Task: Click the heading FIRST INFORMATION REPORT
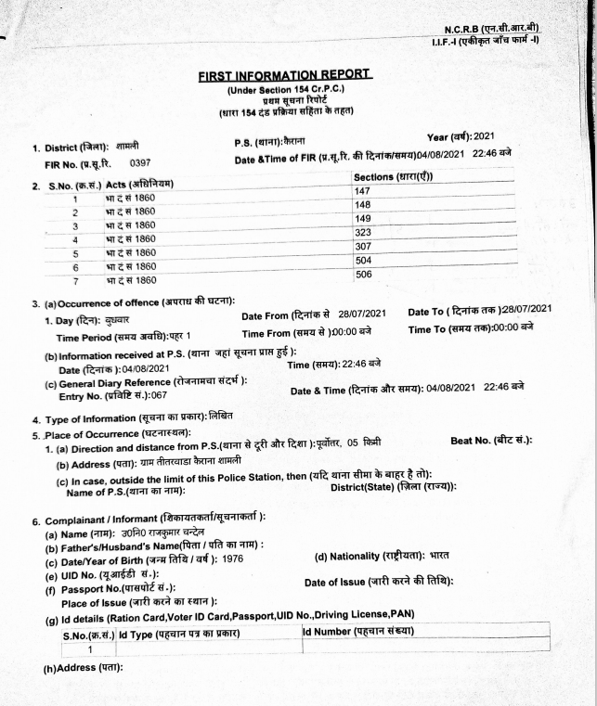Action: (x=284, y=75)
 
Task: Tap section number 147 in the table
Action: (x=362, y=190)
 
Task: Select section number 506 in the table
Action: (x=363, y=276)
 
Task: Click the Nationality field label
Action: (x=369, y=557)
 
